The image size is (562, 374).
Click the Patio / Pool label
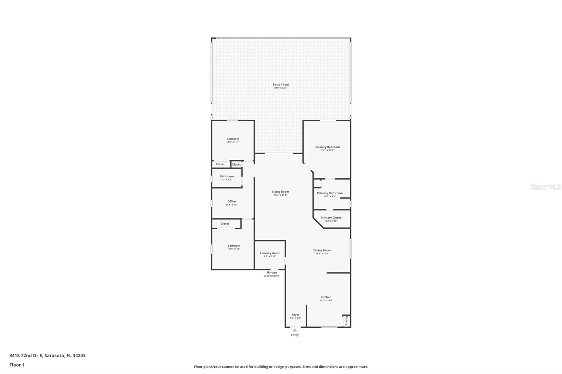281,85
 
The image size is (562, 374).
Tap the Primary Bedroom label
327,147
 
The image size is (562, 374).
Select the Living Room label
280,192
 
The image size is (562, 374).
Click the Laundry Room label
270,253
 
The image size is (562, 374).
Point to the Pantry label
346,321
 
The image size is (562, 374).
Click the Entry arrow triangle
295,330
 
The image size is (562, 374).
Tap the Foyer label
295,315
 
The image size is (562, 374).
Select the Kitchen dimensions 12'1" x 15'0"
326,300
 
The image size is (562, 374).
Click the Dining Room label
322,250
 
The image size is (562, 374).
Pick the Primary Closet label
331,218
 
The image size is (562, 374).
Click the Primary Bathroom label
329,193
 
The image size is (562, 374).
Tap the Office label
231,201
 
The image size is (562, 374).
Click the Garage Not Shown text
272,274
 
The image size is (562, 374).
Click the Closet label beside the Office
225,223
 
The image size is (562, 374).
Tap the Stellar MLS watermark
545,187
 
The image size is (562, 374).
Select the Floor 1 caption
17,365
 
